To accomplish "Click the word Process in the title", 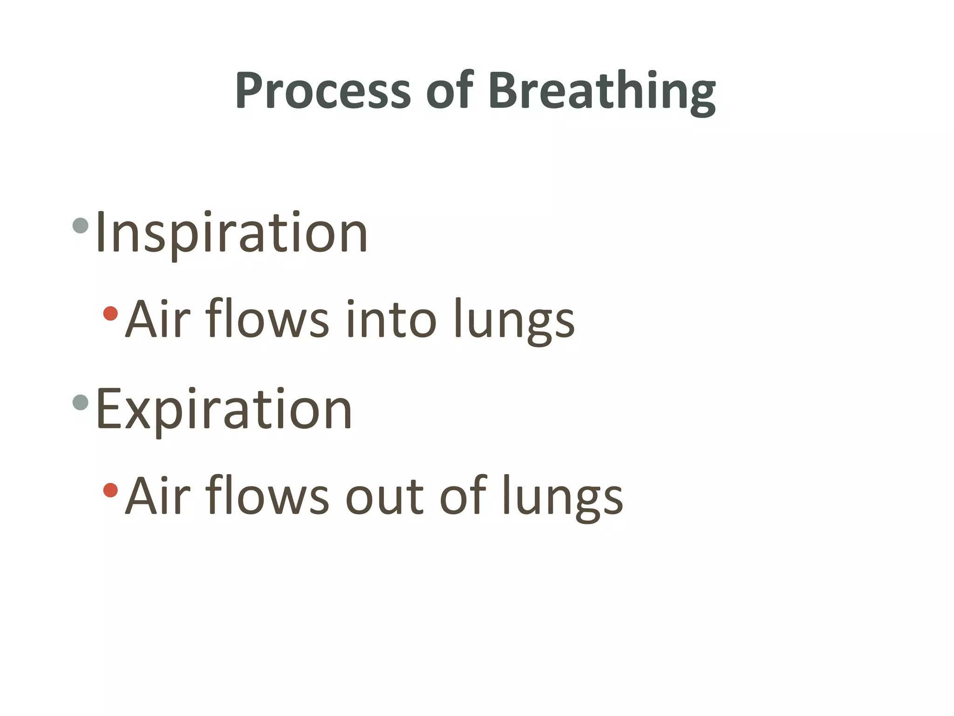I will (x=323, y=91).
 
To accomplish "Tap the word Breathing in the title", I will (x=601, y=91).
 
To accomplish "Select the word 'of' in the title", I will (x=449, y=91).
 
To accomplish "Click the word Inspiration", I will (x=232, y=233).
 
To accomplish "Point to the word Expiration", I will (x=224, y=410).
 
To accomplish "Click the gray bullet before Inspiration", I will (x=81, y=226).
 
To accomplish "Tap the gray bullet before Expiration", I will (x=81, y=402).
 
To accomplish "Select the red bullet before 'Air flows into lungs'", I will (x=110, y=313).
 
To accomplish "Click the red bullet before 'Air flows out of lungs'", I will (x=110, y=490).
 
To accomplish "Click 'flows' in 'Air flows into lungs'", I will (x=267, y=320).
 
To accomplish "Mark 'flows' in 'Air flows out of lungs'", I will (x=267, y=496).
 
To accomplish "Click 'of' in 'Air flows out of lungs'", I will (x=463, y=496).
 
